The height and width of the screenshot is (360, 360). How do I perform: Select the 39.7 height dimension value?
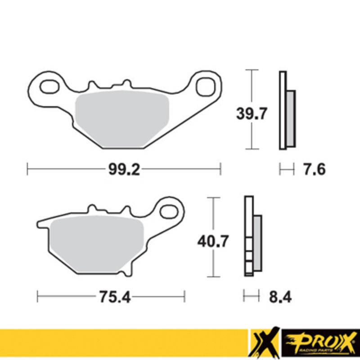point(252,113)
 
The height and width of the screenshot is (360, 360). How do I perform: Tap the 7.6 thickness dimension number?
point(313,170)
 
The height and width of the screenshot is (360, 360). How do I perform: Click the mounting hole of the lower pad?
point(170,211)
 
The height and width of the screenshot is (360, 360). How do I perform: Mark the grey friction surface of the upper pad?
point(121,119)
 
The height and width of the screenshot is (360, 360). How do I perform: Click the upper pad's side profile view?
point(286,110)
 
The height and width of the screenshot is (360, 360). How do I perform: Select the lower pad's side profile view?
point(252,236)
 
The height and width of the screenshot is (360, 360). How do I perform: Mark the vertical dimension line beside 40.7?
point(213,216)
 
